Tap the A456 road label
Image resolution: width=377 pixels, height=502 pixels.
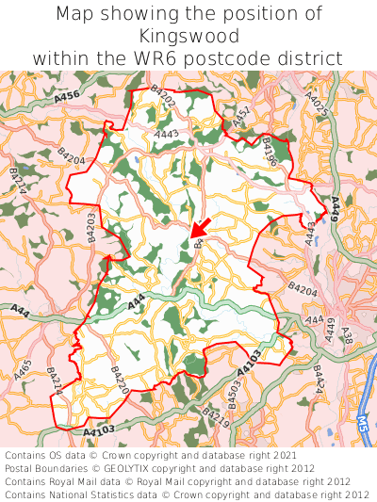click(67, 96)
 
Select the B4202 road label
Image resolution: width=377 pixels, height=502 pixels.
click(162, 97)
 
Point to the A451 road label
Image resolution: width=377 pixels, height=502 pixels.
click(242, 118)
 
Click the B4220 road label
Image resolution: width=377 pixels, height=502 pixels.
click(120, 381)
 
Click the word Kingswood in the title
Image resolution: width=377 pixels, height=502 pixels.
click(188, 36)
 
